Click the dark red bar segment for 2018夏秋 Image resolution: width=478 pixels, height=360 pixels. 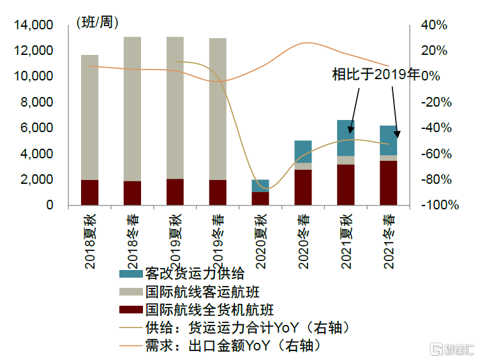[89, 192]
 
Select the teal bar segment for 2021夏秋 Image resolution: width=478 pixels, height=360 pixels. [346, 137]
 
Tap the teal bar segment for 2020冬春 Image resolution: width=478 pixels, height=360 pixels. [303, 151]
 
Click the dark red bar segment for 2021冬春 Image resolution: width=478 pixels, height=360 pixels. [389, 183]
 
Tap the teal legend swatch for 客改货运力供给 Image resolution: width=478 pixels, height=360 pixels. [131, 274]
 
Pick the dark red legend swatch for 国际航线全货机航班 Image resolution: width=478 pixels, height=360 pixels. [131, 310]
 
